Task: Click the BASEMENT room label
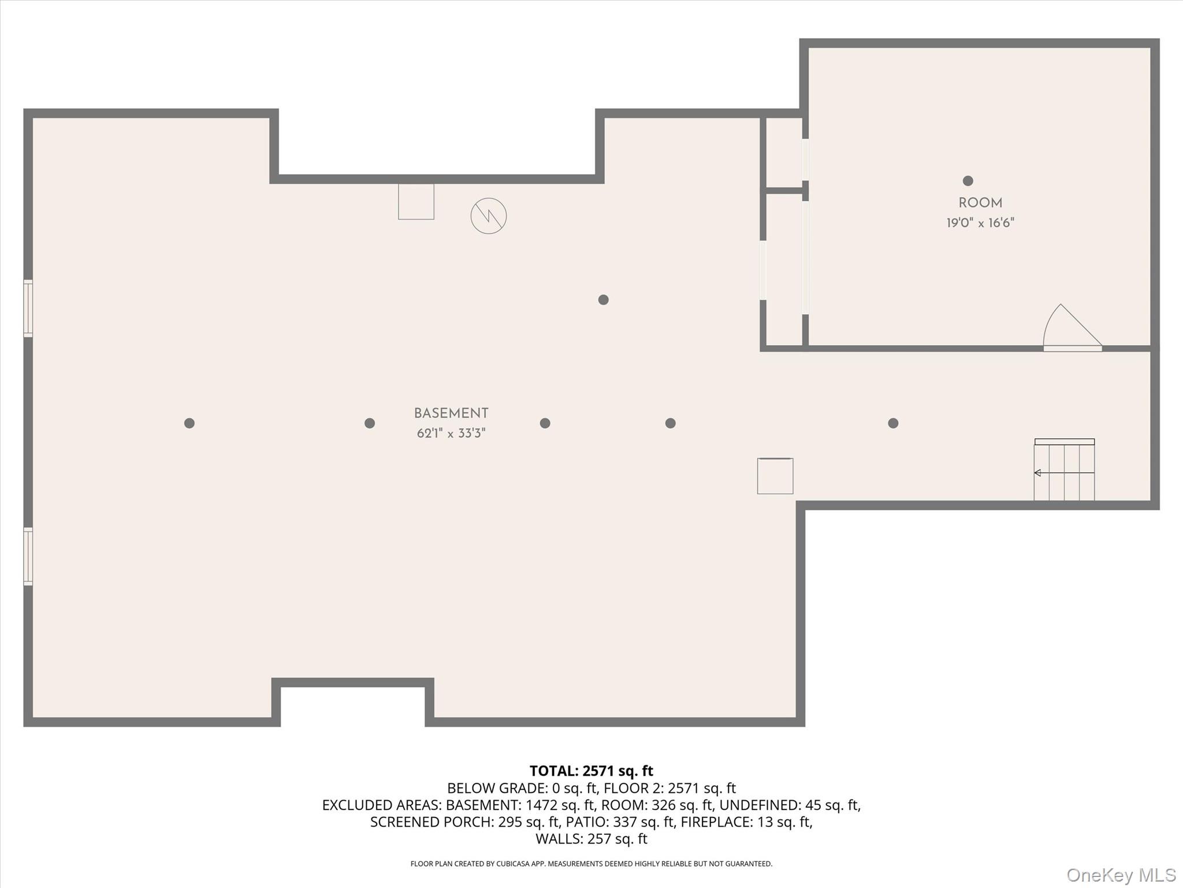coord(451,413)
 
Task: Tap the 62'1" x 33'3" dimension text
coord(451,433)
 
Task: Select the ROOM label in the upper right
coord(980,203)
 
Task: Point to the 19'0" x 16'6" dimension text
coord(980,223)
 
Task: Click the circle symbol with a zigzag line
coord(489,216)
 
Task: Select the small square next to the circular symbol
coord(416,202)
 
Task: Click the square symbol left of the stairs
coord(775,476)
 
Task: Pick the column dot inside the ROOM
coord(968,181)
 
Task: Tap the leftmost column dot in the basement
coord(189,423)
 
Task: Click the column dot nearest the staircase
coord(893,423)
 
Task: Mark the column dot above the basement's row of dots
coord(603,299)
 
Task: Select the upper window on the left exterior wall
coord(28,308)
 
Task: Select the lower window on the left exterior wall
coord(28,556)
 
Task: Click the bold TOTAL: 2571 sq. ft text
coord(591,771)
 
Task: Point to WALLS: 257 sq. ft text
coord(591,838)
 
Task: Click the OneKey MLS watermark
coord(1121,875)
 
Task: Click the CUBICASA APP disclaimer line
coord(591,864)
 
